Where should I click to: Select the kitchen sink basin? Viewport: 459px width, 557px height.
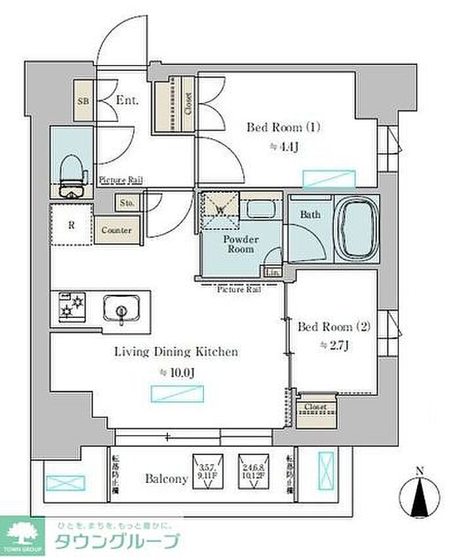[x=121, y=307]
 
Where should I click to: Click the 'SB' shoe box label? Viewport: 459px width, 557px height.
[x=83, y=102]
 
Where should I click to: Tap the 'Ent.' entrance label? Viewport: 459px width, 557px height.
[x=126, y=100]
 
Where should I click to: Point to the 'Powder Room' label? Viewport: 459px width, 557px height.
[x=241, y=244]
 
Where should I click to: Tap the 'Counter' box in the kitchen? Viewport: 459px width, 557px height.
[x=116, y=231]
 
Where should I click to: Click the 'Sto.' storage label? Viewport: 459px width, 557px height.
[x=127, y=204]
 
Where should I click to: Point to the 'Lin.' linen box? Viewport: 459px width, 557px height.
[x=272, y=272]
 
